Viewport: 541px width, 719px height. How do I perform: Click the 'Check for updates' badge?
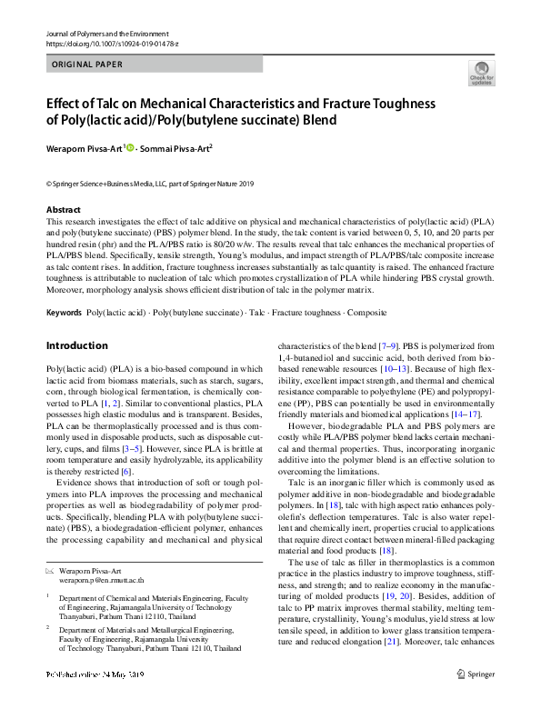(481, 74)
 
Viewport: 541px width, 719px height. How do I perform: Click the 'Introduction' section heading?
(76, 320)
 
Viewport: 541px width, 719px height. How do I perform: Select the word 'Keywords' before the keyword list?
(64, 287)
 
